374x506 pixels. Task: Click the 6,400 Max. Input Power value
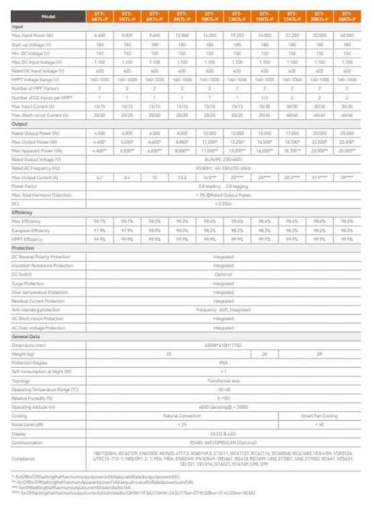coord(101,35)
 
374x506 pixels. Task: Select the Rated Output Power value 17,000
coord(293,132)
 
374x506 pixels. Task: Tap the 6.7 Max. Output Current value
coord(101,176)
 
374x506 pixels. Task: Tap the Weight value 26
coord(265,353)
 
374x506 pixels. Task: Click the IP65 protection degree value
coord(224,363)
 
